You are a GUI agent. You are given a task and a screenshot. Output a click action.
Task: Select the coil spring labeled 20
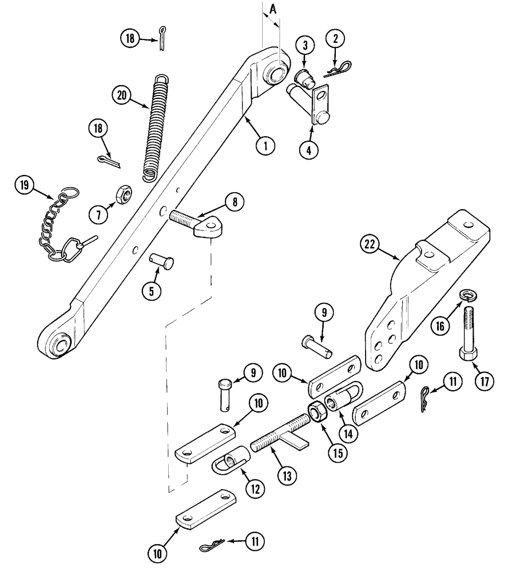point(155,128)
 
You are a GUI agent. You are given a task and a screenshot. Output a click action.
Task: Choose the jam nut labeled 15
point(316,412)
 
